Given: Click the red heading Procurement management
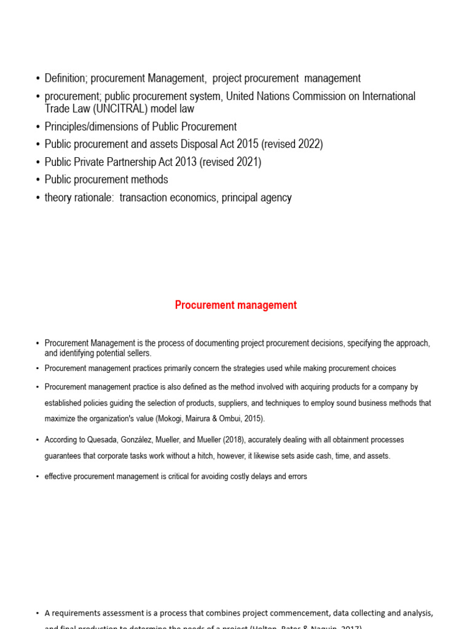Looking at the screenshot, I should (x=235, y=305).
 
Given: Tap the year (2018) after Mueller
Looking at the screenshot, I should (x=249, y=440).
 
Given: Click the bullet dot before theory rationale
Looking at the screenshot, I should (x=38, y=198).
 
